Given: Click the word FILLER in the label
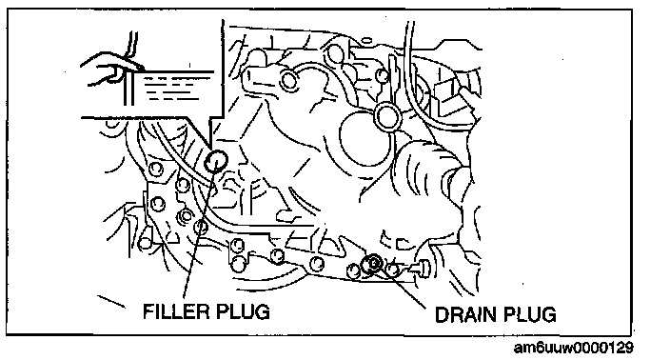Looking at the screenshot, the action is [x=175, y=311].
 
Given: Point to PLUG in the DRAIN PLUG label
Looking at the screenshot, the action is [x=529, y=314].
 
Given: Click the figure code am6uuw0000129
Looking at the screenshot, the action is [x=574, y=348].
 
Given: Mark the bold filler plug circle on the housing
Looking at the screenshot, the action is [x=216, y=161].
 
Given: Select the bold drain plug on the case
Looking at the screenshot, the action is [x=371, y=264].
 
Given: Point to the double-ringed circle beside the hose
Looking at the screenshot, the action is [x=387, y=116].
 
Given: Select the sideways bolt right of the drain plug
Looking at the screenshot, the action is [x=421, y=268].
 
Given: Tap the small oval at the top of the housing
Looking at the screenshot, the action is [x=366, y=42].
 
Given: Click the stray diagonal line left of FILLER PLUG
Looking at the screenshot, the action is [x=111, y=301].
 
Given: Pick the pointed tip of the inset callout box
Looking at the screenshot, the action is [x=211, y=146].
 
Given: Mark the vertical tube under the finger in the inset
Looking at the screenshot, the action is [x=129, y=88].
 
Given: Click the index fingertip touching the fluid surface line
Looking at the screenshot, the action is [x=141, y=68].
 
